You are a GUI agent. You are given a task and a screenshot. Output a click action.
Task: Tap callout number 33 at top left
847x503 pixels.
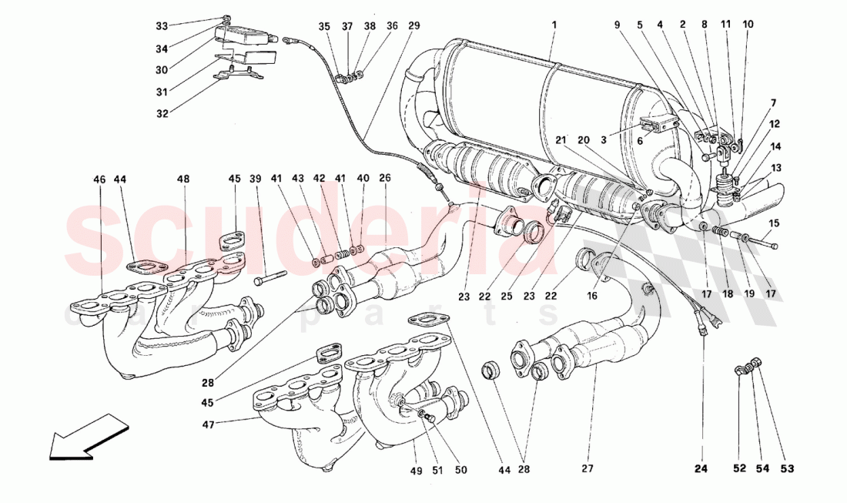[x=161, y=25]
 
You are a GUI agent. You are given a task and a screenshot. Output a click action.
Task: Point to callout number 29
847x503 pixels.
[x=414, y=25]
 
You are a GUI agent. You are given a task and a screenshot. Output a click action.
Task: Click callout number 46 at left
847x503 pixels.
[x=100, y=179]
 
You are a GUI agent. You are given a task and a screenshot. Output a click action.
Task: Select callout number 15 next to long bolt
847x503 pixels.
[x=775, y=223]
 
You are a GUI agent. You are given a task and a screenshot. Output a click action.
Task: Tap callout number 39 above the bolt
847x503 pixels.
[x=254, y=179]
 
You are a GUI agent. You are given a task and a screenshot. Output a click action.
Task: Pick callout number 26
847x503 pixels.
[x=385, y=179]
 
